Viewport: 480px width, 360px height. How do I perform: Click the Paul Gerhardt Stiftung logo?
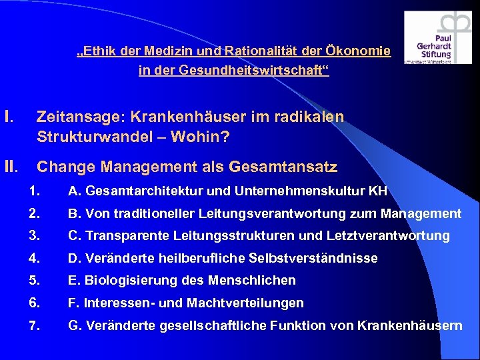(438, 38)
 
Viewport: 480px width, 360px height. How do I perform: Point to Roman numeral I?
(9, 117)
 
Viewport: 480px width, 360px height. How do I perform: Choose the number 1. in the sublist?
(35, 192)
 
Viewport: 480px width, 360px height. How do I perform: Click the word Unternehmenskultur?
(298, 192)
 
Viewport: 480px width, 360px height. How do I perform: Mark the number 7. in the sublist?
(35, 325)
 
